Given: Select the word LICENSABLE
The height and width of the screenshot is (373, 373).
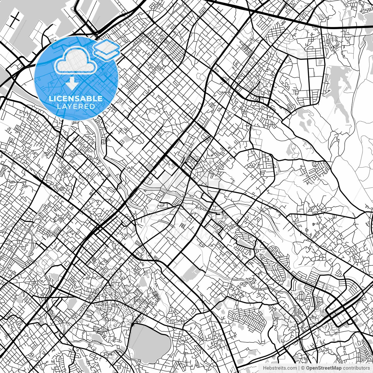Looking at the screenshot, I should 76,98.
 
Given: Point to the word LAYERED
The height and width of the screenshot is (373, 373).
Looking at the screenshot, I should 76,106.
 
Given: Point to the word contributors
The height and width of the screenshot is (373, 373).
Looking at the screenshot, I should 356,368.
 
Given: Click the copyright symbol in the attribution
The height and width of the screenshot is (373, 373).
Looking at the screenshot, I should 303,368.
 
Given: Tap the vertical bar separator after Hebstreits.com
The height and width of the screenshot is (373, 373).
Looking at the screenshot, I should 299,368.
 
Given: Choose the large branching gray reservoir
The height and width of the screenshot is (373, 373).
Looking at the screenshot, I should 338,87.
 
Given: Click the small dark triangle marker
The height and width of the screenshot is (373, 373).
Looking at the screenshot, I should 314,224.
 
